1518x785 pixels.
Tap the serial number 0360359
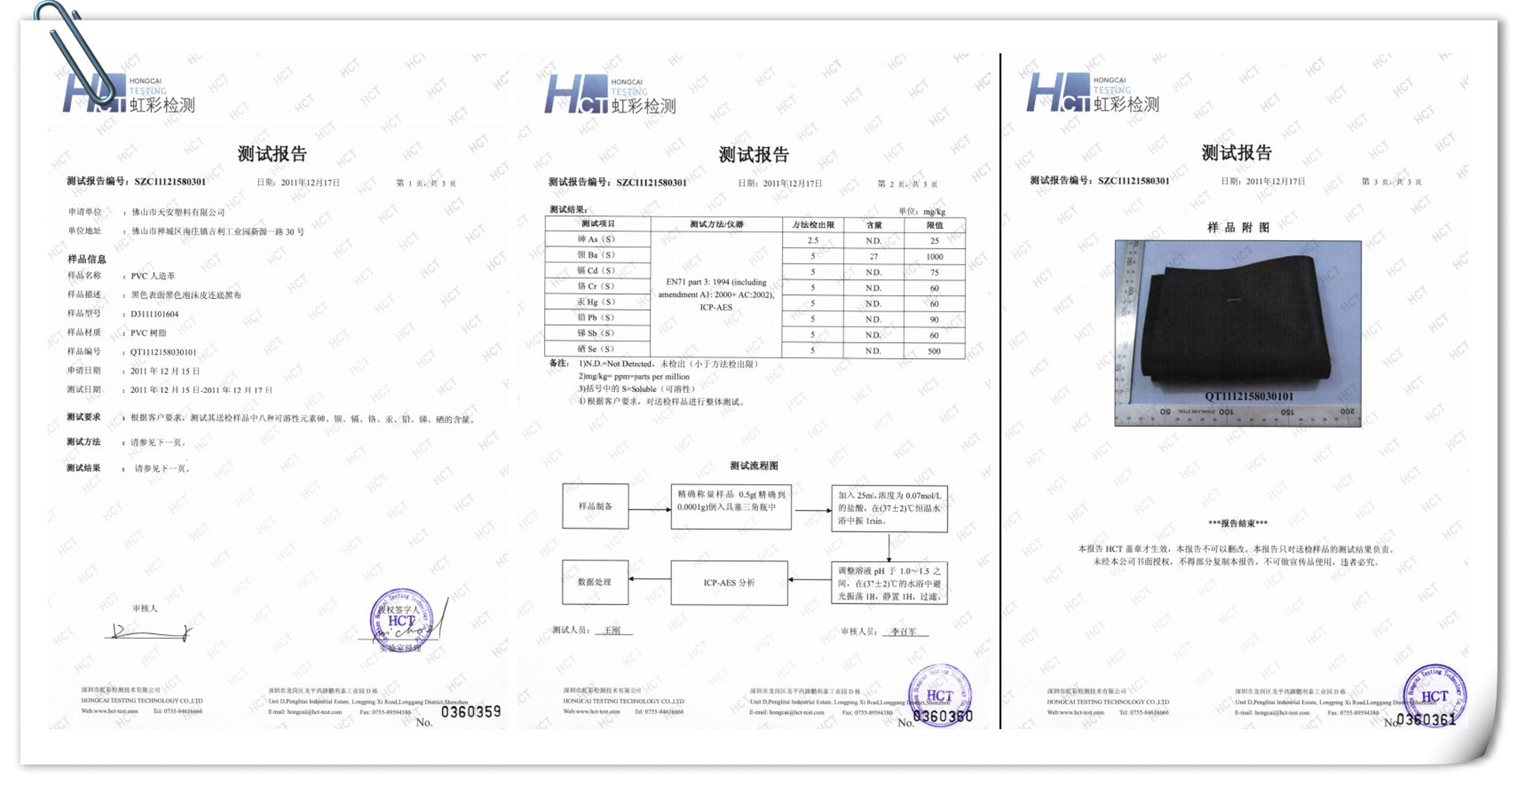(x=470, y=712)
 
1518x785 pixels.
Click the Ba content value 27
(x=873, y=256)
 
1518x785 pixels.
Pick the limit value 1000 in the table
(x=934, y=256)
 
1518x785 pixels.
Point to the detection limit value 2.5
(x=813, y=240)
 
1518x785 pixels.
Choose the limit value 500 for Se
(x=934, y=350)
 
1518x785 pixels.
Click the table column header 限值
(x=934, y=225)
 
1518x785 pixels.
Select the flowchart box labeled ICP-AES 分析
(x=729, y=583)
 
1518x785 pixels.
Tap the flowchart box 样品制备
(x=595, y=506)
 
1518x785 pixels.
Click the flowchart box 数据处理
(x=595, y=582)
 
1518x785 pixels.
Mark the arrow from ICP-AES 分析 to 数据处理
(x=650, y=579)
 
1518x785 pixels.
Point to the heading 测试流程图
(x=753, y=466)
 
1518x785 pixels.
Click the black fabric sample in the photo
(x=1233, y=324)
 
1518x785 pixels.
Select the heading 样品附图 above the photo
(x=1238, y=228)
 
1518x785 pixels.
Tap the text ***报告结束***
(x=1237, y=523)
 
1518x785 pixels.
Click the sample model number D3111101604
(x=155, y=314)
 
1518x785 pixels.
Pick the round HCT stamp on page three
(x=1434, y=694)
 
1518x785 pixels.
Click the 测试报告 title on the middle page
(x=753, y=154)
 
